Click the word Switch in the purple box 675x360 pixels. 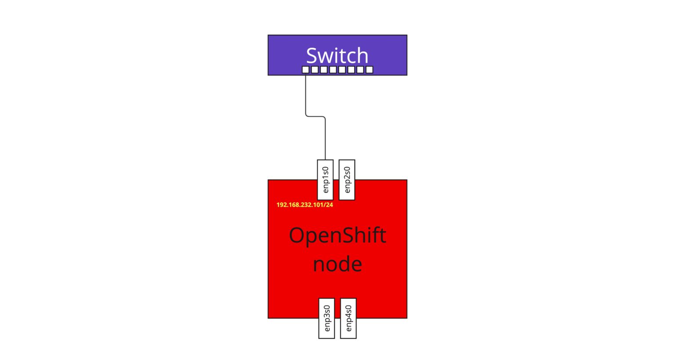(337, 56)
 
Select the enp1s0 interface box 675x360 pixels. (325, 180)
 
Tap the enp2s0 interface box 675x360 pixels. (347, 180)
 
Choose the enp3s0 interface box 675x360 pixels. (327, 318)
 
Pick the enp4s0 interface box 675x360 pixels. (348, 318)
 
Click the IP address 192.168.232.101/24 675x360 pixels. (305, 205)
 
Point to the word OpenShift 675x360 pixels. (337, 236)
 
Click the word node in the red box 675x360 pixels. (337, 264)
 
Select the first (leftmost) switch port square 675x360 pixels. (305, 69)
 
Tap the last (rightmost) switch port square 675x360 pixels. (369, 69)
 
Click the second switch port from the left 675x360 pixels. (315, 69)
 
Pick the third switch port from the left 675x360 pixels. (324, 69)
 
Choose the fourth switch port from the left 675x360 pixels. (333, 69)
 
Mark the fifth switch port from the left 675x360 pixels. (342, 69)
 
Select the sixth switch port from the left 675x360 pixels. (351, 69)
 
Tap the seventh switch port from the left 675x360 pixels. (360, 69)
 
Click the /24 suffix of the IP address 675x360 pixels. (328, 205)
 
